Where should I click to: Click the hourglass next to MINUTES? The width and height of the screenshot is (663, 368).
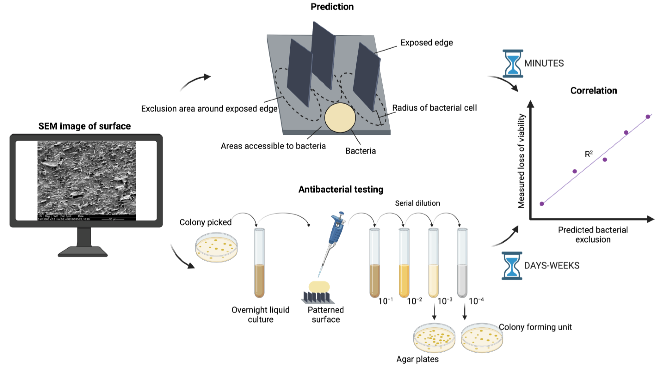coord(513,64)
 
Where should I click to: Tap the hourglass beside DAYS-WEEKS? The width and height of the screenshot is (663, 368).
coord(512,266)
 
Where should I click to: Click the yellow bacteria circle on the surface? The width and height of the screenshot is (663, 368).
coord(340,118)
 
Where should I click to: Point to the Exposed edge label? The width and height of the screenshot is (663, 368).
coord(426,43)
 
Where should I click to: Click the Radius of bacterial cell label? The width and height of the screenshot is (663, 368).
coord(434,108)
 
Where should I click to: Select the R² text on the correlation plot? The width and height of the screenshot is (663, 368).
coord(589,154)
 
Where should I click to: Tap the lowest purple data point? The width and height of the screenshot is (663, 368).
coord(542,204)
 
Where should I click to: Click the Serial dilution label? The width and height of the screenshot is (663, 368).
coord(417,203)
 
